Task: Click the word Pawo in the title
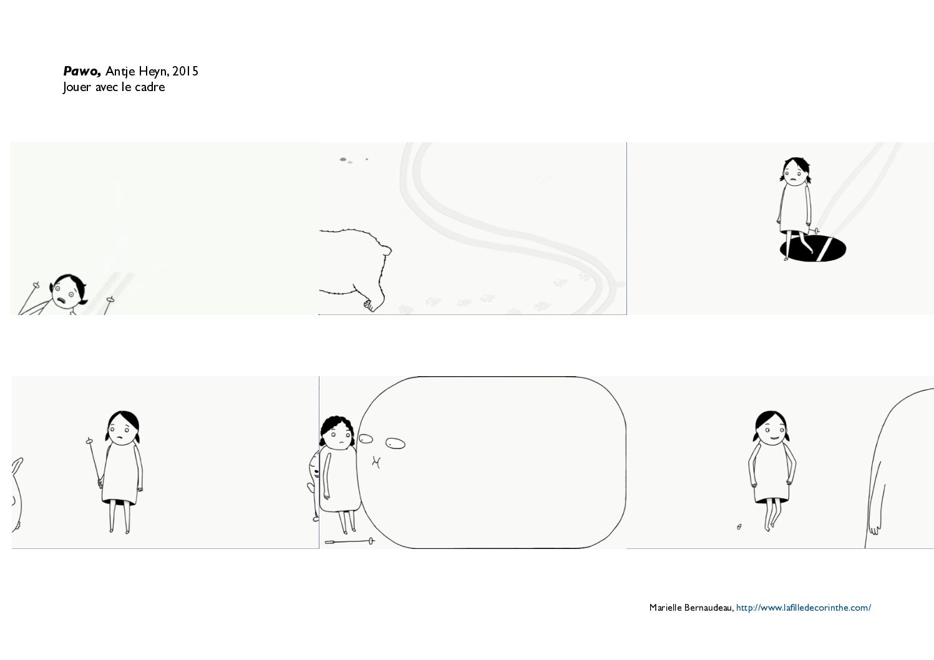[82, 71]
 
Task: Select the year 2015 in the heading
[185, 71]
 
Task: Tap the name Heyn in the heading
[153, 72]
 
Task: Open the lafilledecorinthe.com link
[803, 608]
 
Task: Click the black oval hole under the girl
[813, 248]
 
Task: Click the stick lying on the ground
[349, 541]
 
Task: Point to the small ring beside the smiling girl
[739, 527]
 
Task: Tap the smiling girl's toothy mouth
[775, 438]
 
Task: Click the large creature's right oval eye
[396, 443]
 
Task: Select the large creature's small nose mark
[376, 462]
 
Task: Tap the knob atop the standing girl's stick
[89, 440]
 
